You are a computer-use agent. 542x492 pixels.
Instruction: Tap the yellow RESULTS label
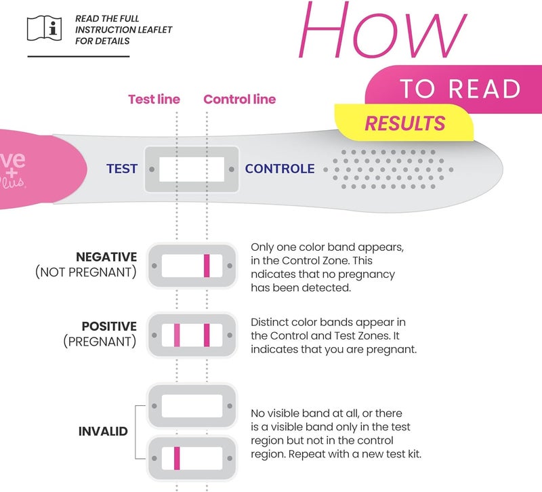[405, 123]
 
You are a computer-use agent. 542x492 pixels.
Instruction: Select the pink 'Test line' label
[154, 100]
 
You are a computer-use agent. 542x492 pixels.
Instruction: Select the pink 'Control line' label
[240, 100]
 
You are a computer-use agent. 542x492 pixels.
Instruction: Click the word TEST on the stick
[122, 169]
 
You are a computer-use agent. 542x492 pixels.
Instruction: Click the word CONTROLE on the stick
[280, 169]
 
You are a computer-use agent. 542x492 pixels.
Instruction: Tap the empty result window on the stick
[192, 169]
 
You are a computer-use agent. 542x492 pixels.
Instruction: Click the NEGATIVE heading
[106, 257]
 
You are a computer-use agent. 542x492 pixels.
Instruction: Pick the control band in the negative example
[207, 265]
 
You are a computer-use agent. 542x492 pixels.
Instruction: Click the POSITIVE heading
[109, 327]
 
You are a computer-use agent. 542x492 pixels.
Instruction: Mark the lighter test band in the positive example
[177, 335]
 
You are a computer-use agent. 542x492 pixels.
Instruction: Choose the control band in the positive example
[207, 335]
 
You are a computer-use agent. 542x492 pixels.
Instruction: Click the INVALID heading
[103, 432]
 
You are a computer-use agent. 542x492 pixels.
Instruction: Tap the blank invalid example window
[192, 406]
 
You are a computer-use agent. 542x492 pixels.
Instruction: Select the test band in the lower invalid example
[177, 458]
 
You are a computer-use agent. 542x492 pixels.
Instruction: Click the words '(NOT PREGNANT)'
[85, 272]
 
